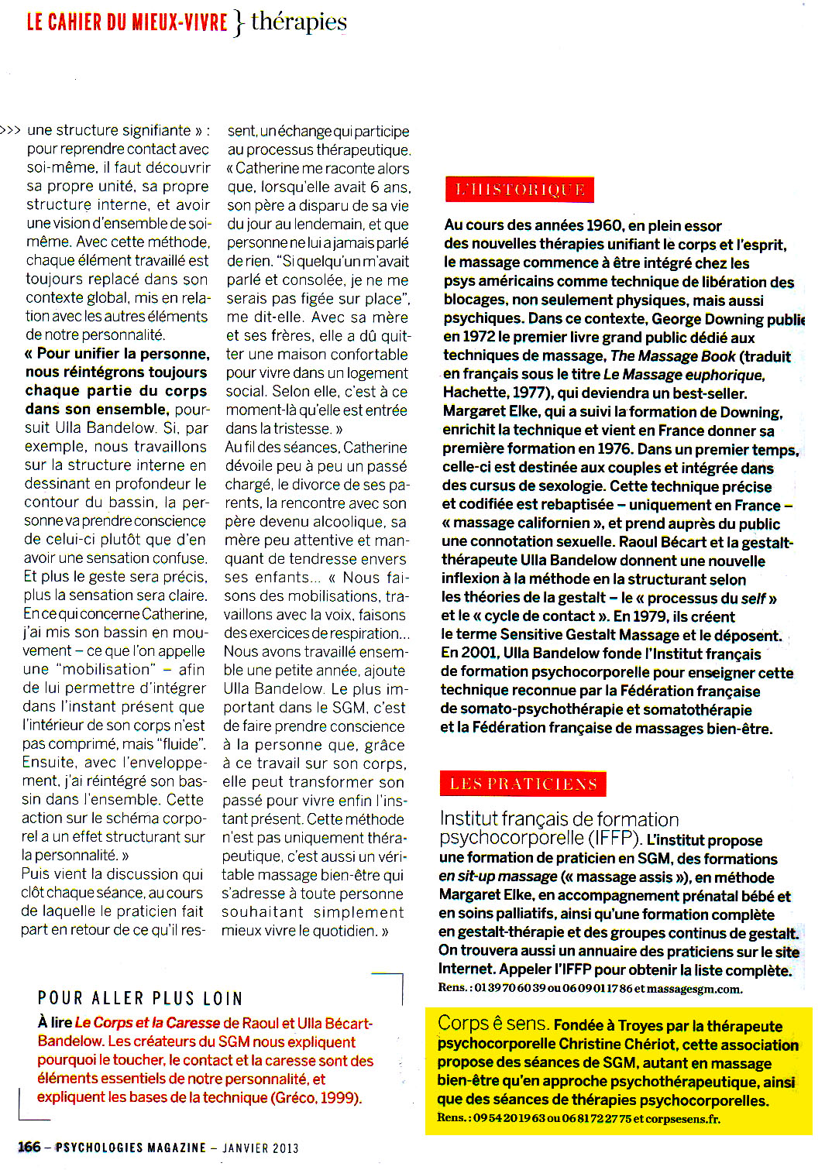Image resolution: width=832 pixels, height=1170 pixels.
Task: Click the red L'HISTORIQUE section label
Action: (x=520, y=190)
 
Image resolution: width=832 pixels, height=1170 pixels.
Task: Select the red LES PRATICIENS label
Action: (x=523, y=784)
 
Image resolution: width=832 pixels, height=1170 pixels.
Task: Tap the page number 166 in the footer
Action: (x=29, y=1147)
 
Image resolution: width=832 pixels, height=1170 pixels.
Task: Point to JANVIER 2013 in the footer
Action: (x=260, y=1148)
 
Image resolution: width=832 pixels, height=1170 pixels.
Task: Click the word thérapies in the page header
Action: (x=299, y=22)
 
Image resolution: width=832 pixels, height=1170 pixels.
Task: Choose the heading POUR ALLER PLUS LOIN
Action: (x=140, y=998)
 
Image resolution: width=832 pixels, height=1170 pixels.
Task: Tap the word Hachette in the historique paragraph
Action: (x=474, y=393)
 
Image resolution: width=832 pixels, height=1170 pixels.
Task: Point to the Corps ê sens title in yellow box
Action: (x=493, y=1024)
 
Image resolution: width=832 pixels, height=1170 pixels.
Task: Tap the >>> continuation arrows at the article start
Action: (x=11, y=130)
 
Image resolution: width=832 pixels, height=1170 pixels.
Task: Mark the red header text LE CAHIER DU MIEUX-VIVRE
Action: (x=127, y=22)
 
